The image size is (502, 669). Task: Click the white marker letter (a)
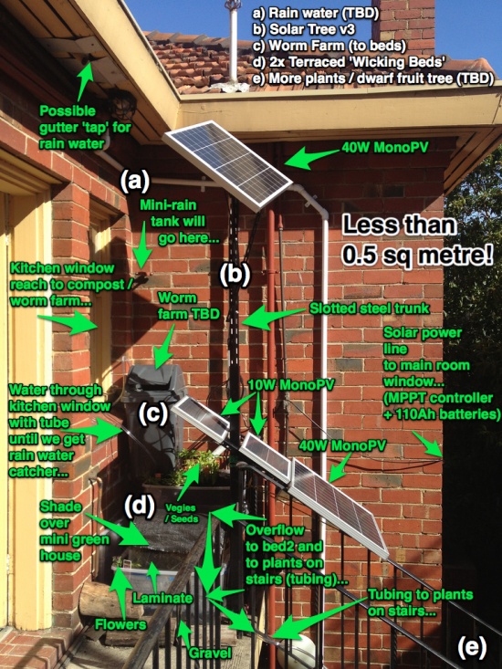(134, 182)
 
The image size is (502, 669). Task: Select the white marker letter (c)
(152, 413)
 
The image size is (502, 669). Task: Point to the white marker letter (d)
(139, 507)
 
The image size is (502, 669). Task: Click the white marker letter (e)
(472, 647)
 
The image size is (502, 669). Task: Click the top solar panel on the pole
(228, 164)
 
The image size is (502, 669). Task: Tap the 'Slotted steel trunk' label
(369, 308)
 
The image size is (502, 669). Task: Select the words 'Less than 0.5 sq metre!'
(417, 241)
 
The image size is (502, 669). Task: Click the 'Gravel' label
(210, 653)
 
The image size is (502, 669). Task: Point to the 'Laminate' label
(162, 598)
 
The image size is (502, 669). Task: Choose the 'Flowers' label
(120, 624)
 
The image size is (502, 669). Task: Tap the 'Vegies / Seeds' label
(181, 513)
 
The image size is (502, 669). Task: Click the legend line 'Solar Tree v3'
(306, 29)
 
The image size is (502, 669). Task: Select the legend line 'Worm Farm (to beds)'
(329, 46)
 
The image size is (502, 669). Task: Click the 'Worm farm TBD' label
(188, 306)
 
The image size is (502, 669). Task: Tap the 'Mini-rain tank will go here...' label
(180, 222)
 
